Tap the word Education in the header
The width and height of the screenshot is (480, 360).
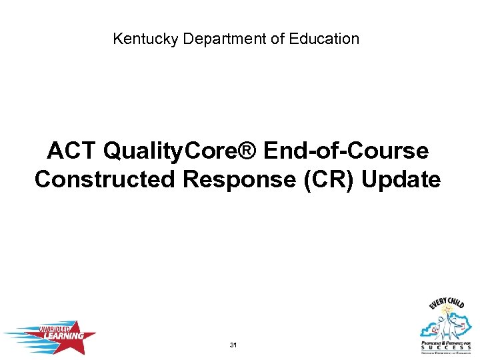(x=324, y=39)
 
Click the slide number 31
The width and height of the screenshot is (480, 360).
(x=233, y=345)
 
